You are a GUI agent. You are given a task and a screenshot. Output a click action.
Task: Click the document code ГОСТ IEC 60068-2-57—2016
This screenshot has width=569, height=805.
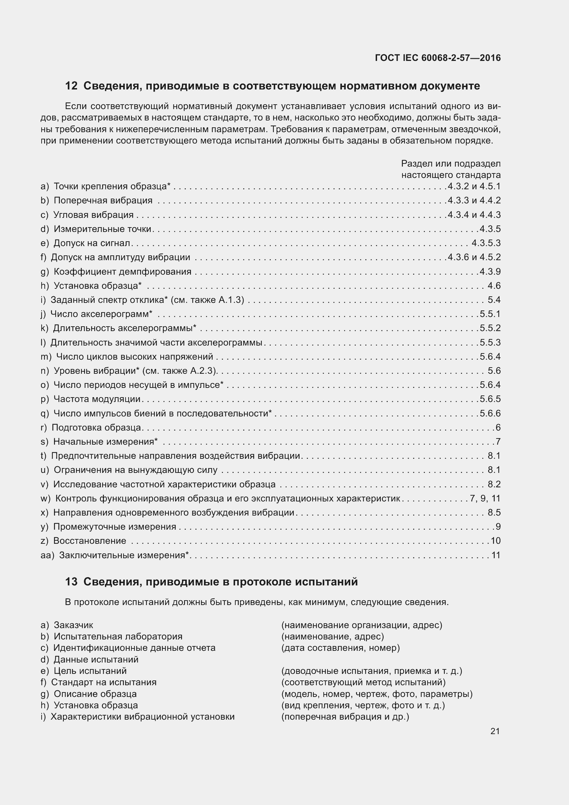point(438,58)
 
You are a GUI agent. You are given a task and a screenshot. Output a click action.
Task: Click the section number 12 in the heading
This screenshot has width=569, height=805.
point(71,86)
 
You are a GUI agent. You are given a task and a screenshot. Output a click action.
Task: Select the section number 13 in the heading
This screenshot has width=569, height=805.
point(71,582)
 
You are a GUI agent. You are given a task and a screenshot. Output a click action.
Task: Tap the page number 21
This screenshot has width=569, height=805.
point(495,731)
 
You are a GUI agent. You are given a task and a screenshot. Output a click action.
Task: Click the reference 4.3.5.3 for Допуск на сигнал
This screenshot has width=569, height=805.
point(486,243)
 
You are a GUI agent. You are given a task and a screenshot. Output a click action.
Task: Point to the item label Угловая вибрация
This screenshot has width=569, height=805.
point(94,214)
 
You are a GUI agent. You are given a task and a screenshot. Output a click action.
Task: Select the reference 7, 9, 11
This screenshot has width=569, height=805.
point(485,498)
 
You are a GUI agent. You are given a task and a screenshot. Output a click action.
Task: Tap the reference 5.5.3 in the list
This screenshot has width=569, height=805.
point(490,342)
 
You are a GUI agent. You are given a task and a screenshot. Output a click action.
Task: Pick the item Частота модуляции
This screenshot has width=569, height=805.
point(97,399)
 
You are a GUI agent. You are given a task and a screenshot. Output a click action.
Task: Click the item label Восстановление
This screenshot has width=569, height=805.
point(90,541)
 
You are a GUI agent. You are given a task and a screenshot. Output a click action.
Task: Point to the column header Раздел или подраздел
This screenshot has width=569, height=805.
point(451,164)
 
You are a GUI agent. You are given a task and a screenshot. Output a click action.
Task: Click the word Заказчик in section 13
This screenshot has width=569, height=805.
point(74,625)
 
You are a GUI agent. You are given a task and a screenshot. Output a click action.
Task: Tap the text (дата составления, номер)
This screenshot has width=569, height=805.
point(340,648)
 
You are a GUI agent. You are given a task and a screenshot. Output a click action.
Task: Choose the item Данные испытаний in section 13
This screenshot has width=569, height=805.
point(96,659)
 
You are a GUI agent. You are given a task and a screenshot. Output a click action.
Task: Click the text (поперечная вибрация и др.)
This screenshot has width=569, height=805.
point(345,716)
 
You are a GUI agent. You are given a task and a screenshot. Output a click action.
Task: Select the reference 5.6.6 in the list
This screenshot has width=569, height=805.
point(490,413)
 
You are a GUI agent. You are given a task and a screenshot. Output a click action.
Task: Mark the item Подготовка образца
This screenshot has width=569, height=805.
point(96,427)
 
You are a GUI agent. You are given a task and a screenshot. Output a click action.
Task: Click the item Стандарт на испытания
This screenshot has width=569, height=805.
point(104,682)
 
